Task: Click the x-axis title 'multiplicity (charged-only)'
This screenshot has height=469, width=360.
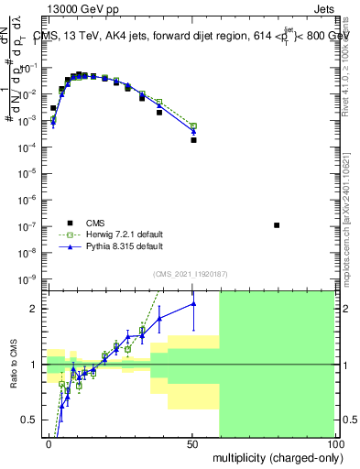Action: (x=273, y=456)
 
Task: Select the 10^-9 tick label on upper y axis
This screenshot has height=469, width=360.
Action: (x=29, y=278)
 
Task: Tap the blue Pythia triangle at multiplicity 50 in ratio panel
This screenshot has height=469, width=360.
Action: (x=193, y=304)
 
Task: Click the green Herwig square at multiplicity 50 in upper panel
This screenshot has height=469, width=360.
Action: (x=193, y=125)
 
